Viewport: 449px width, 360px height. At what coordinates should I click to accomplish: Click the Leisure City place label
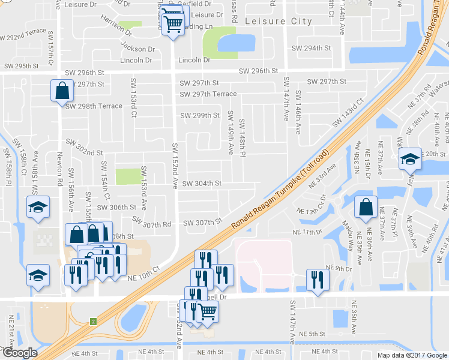pos(279,21)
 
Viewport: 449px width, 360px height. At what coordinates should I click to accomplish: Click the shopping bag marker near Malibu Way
pos(366,208)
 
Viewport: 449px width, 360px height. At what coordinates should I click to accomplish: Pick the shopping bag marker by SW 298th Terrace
pos(62,91)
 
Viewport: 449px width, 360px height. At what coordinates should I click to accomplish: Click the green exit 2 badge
pos(94,322)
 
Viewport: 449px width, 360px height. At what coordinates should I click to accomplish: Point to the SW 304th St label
pos(202,184)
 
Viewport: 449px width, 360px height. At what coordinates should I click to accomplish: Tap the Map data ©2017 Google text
pos(411,355)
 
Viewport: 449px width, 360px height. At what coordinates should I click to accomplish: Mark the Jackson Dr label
pos(137,48)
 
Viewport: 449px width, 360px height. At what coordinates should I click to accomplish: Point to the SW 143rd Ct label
pos(348,114)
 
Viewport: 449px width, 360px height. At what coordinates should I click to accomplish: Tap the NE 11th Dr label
pos(309,232)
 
